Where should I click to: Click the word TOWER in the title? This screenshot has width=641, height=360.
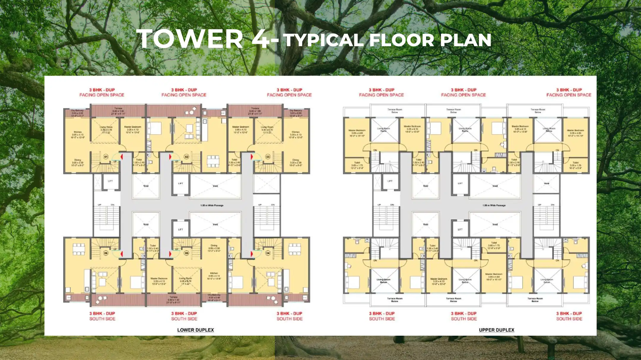pos(190,39)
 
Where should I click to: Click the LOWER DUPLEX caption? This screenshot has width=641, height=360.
pos(195,330)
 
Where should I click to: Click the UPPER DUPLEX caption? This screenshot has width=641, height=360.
pos(496,330)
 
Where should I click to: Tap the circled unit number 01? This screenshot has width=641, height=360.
pos(106,157)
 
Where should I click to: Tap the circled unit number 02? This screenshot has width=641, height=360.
pos(187,157)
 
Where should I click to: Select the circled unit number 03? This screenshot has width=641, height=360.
pos(268,157)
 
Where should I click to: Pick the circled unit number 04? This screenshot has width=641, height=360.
pos(268,253)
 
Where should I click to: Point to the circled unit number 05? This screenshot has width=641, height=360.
pos(187,253)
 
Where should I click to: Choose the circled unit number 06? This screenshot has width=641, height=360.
pos(106,253)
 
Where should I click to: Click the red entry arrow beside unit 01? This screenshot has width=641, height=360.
pos(121,156)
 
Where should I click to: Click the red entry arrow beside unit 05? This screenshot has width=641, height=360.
pos(170,254)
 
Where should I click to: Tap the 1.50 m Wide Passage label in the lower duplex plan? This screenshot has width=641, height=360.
pos(212,205)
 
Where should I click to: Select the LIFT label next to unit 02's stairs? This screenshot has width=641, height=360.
pos(180,184)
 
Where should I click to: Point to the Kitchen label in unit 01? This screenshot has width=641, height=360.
pos(78,132)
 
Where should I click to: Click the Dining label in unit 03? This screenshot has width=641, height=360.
pos(296,160)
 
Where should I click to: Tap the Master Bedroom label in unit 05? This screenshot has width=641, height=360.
pos(159,278)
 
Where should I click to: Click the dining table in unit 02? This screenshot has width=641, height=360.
pos(213,159)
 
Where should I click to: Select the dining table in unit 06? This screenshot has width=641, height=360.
pos(79,249)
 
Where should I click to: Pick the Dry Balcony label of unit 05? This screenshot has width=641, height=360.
pos(214,295)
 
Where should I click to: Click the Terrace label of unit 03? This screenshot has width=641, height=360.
pos(255,108)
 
